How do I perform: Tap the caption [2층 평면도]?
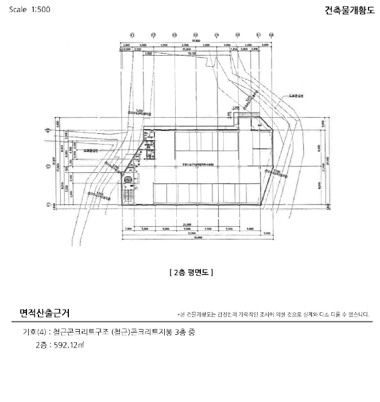[x=191, y=273]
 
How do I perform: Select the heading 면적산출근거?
[x=45, y=314]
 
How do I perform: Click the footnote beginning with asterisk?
[x=273, y=315]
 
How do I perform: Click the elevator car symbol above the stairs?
[x=130, y=179]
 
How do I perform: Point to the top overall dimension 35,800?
[x=195, y=41]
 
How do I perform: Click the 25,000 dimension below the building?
[x=187, y=224]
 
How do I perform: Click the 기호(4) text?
[x=34, y=333]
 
